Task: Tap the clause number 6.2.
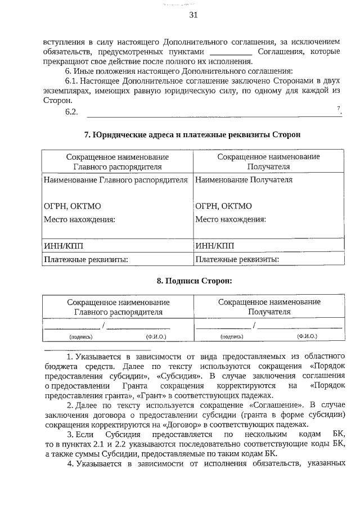tap(71, 112)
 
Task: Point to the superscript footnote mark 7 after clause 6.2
tap(339, 108)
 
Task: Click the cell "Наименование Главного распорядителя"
tap(116, 180)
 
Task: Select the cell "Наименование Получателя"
tap(244, 180)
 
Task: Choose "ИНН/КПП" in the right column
tap(214, 245)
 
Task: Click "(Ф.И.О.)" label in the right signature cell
tap(307, 336)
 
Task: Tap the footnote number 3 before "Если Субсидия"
tap(70, 435)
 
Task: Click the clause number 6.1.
tap(72, 81)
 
